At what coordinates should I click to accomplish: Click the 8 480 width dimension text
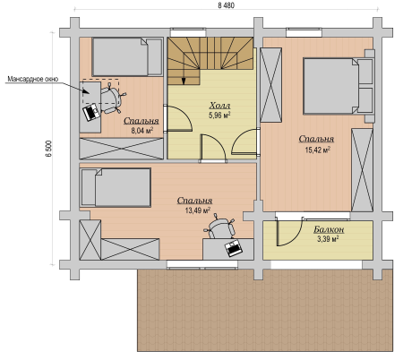click(226, 5)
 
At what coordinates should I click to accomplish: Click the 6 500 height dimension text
click(49, 149)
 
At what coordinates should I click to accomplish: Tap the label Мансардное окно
click(33, 79)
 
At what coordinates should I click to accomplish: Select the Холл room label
click(219, 106)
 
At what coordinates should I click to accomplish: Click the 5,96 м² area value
click(219, 116)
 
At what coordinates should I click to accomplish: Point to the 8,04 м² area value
click(142, 130)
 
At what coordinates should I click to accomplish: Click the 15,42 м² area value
click(317, 150)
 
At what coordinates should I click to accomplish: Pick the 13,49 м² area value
click(198, 210)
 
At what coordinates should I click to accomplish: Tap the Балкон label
click(329, 229)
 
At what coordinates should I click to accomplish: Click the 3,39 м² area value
click(328, 239)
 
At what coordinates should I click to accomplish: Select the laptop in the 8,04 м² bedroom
click(91, 112)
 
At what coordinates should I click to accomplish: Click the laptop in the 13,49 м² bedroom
click(234, 248)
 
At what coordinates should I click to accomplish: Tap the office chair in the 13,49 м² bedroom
click(219, 227)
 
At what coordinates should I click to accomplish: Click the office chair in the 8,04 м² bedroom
click(111, 98)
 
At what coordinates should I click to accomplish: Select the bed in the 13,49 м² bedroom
click(116, 187)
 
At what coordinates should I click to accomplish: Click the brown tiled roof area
click(265, 311)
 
